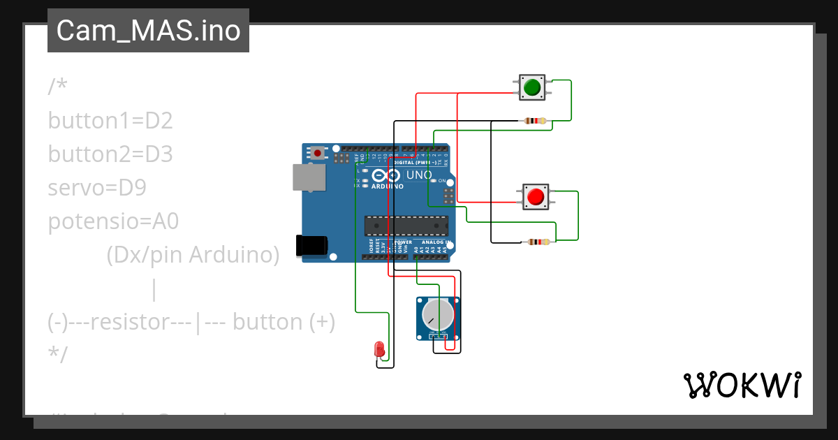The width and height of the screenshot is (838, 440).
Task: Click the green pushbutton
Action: pyautogui.click(x=532, y=87)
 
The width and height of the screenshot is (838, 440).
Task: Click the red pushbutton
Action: pyautogui.click(x=536, y=197)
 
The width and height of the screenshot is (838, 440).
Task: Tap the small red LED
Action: pyautogui.click(x=379, y=349)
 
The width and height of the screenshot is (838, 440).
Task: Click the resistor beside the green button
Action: pyautogui.click(x=534, y=121)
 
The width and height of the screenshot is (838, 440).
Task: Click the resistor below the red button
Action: pyautogui.click(x=538, y=242)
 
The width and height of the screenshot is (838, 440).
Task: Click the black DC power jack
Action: pyautogui.click(x=311, y=245)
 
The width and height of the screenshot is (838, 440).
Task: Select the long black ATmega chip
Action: pyautogui.click(x=406, y=226)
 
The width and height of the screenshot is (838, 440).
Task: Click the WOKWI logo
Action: pyautogui.click(x=742, y=386)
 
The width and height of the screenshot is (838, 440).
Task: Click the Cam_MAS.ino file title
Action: pyautogui.click(x=148, y=31)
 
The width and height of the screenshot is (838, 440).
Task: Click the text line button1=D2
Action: pyautogui.click(x=110, y=121)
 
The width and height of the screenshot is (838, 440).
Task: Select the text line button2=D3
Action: pyautogui.click(x=110, y=154)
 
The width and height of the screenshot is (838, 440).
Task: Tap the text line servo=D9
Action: pyautogui.click(x=97, y=188)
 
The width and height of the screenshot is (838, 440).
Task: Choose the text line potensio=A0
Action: pyautogui.click(x=113, y=221)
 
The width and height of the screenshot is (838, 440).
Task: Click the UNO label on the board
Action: pyautogui.click(x=420, y=175)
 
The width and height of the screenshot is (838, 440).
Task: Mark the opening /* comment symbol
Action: pyautogui.click(x=57, y=87)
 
